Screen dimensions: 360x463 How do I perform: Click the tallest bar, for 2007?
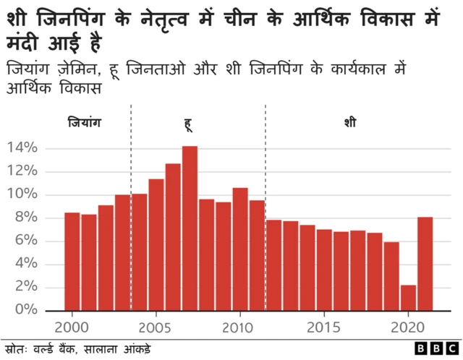click(x=190, y=228)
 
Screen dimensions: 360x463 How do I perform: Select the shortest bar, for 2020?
click(x=408, y=297)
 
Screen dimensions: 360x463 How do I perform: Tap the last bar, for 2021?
click(x=425, y=263)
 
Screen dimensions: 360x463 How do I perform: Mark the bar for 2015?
click(x=324, y=269)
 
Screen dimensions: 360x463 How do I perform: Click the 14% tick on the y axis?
click(x=22, y=148)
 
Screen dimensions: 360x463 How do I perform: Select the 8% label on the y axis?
click(x=26, y=218)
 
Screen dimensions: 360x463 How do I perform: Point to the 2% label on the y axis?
click(x=26, y=287)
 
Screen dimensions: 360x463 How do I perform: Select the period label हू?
click(x=188, y=124)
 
